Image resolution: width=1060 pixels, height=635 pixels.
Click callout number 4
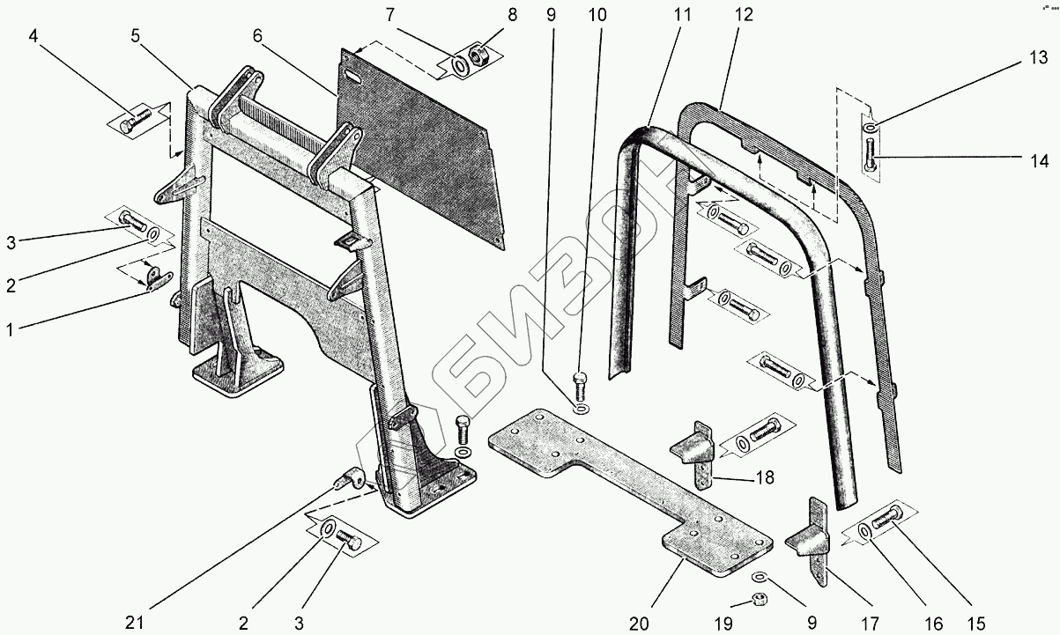click(33, 37)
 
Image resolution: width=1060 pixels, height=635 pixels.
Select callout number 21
click(135, 624)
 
